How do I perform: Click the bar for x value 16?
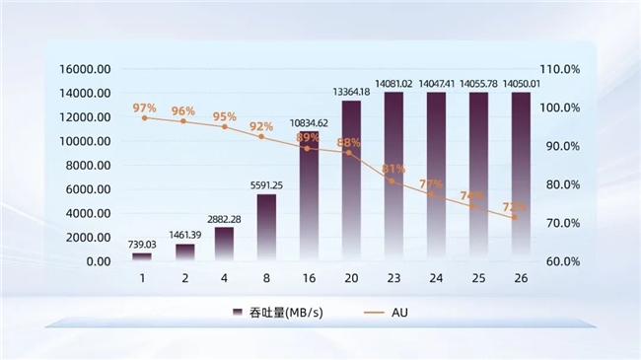[309, 197]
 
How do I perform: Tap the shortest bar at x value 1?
[142, 256]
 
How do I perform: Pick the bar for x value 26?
[520, 178]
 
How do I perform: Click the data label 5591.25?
[266, 184]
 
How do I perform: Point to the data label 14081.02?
[393, 84]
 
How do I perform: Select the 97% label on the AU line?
[145, 108]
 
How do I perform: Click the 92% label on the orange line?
[261, 126]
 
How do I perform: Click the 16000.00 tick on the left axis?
[86, 69]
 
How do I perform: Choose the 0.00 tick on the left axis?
[99, 261]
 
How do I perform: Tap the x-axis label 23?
[393, 279]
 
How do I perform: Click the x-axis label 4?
[225, 279]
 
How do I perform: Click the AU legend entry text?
[399, 313]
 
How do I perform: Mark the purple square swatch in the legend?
[237, 313]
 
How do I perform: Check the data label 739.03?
[142, 244]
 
